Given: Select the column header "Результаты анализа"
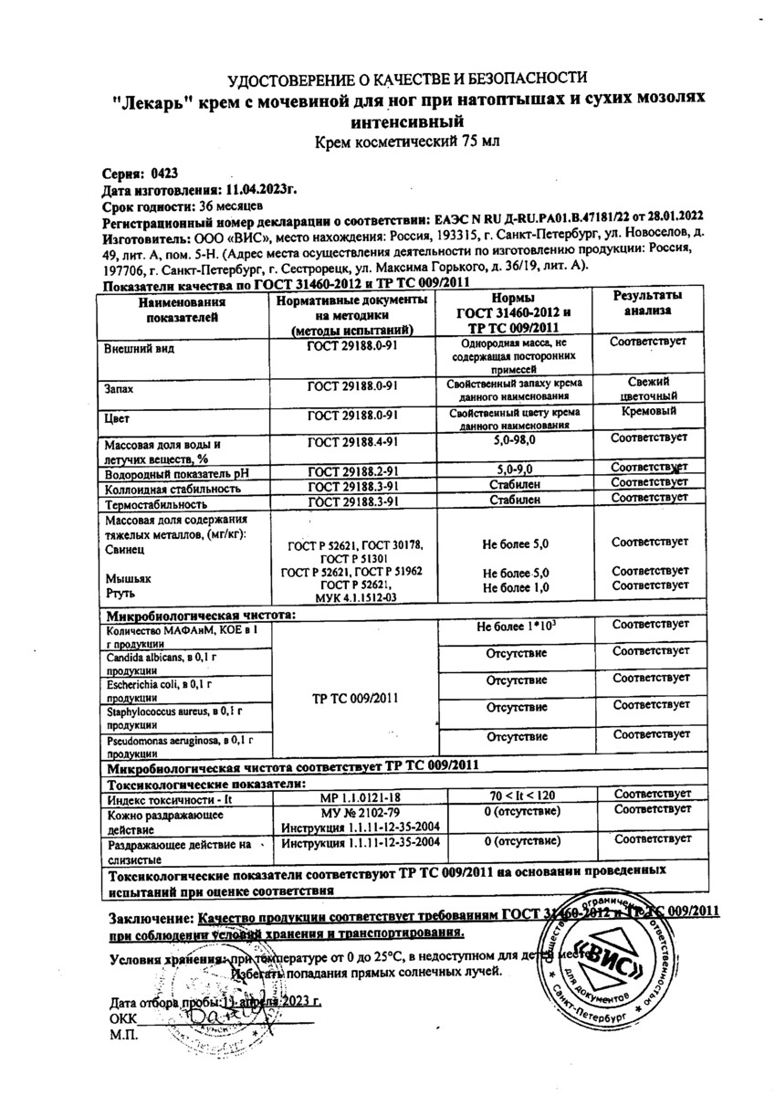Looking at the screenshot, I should pos(647,304).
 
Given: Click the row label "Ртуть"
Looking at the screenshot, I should pos(121,593).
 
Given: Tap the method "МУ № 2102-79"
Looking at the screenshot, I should pos(361,812).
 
